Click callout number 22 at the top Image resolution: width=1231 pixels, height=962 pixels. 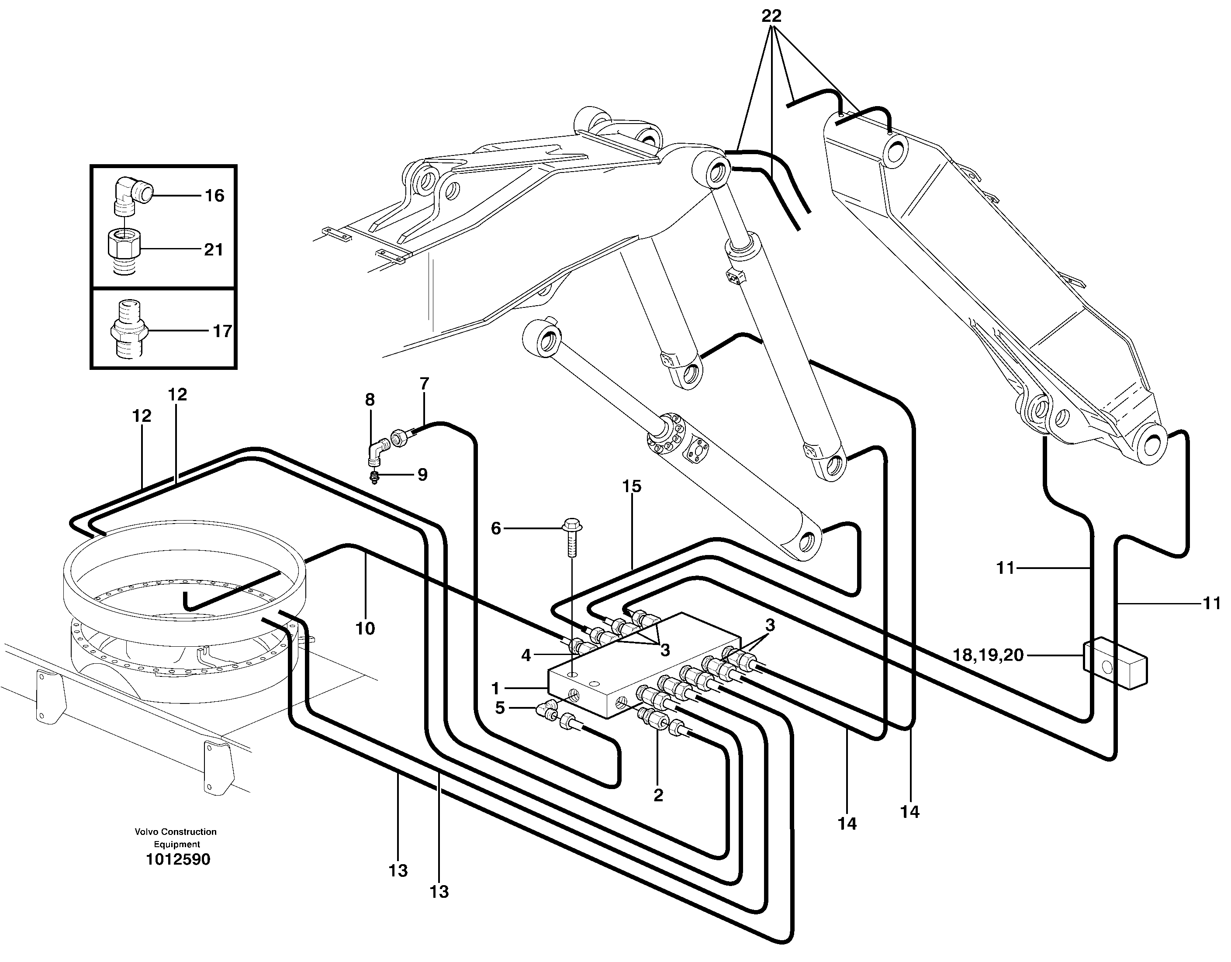771,16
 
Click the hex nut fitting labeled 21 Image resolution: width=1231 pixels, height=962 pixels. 124,250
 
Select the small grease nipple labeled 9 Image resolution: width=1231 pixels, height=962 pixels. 373,478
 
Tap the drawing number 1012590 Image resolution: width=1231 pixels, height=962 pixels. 177,859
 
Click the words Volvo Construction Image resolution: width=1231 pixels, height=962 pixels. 175,832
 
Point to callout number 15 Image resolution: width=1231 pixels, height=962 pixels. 632,486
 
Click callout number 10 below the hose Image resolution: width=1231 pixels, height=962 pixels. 365,628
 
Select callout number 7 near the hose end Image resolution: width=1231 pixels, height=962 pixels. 425,384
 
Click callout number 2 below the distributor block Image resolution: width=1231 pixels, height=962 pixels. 658,795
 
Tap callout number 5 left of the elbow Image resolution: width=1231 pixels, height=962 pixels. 499,708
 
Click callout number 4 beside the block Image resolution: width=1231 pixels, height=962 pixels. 526,655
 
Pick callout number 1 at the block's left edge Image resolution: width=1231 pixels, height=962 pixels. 495,688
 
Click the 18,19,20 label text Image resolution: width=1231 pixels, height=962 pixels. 988,655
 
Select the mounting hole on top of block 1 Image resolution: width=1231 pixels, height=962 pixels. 573,675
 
